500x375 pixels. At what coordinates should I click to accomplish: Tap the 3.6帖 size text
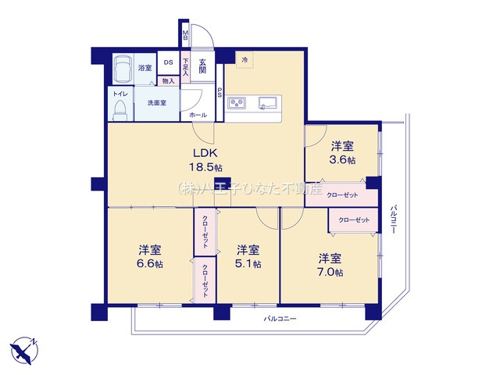(342, 159)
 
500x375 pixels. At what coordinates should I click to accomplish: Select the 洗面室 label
(156, 103)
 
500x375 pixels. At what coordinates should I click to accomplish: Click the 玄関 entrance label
(202, 66)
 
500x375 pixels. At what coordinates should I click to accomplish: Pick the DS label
(168, 63)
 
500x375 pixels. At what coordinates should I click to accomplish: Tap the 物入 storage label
(168, 80)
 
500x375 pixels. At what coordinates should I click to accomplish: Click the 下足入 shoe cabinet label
(186, 66)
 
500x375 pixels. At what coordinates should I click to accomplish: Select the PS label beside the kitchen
(220, 92)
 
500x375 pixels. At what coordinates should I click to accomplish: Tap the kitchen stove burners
(239, 102)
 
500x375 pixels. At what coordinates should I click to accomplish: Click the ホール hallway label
(198, 115)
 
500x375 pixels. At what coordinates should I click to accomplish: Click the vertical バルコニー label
(394, 220)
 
